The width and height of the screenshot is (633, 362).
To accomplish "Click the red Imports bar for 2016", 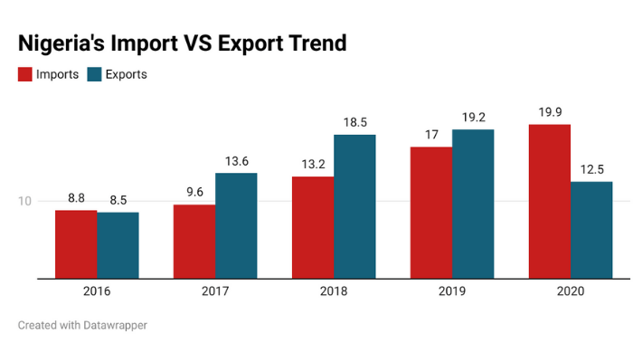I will click(x=76, y=244).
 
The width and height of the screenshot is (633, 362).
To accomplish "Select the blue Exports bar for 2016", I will click(x=118, y=245).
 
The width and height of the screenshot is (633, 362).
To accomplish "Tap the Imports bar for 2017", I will click(x=194, y=242).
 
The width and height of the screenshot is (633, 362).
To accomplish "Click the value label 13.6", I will click(x=236, y=160).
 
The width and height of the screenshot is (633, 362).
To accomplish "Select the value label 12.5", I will click(x=591, y=168).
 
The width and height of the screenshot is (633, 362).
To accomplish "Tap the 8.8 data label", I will click(x=76, y=197).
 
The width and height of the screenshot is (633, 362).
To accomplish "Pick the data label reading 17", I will click(x=430, y=134).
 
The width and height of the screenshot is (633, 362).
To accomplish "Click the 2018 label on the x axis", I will click(x=334, y=291).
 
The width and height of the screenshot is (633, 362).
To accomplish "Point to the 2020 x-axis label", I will click(x=570, y=291).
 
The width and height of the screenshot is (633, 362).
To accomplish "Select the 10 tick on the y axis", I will click(x=24, y=201).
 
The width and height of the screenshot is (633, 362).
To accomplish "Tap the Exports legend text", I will click(x=126, y=74).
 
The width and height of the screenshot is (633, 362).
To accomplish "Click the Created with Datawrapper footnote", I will click(x=82, y=324).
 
